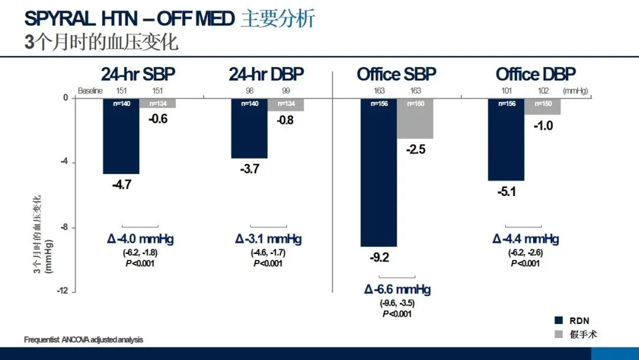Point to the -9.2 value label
click(x=379, y=258)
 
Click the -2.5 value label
click(x=415, y=150)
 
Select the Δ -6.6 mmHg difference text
click(x=397, y=290)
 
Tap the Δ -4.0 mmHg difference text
click(x=140, y=239)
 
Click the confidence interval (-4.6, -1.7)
click(x=268, y=253)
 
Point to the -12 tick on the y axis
click(x=62, y=291)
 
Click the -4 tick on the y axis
click(x=64, y=162)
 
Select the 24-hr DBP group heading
click(x=266, y=74)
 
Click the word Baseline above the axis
click(x=91, y=91)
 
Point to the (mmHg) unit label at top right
click(x=576, y=91)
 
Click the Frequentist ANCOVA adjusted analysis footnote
click(x=83, y=340)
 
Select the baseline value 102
click(x=544, y=91)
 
